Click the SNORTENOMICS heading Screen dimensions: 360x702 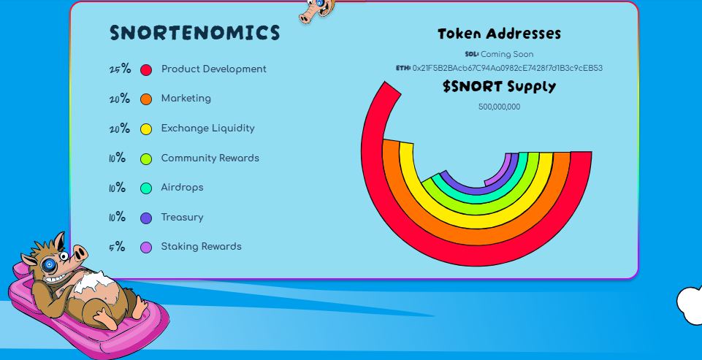coord(194,33)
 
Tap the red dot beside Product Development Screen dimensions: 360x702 coord(146,70)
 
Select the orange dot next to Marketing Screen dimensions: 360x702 coord(146,99)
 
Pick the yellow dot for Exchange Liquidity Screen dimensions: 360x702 coord(146,129)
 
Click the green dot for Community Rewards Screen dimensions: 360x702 coord(146,158)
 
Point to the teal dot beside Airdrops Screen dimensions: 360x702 coord(146,188)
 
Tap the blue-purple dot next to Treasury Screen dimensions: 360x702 coord(146,218)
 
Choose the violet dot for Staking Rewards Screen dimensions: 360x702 coord(146,248)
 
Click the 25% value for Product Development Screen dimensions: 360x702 coord(120,69)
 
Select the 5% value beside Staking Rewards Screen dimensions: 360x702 coord(117,247)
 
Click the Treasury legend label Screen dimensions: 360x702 coord(182,218)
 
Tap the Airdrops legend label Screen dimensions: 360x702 coord(182,188)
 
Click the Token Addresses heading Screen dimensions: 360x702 coord(499,34)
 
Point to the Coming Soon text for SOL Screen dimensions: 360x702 coord(506,54)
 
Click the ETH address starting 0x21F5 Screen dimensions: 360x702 coord(507,68)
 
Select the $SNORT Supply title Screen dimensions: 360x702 coord(499,87)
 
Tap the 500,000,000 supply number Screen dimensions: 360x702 coord(499,107)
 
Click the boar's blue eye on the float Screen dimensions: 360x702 coord(49,264)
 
